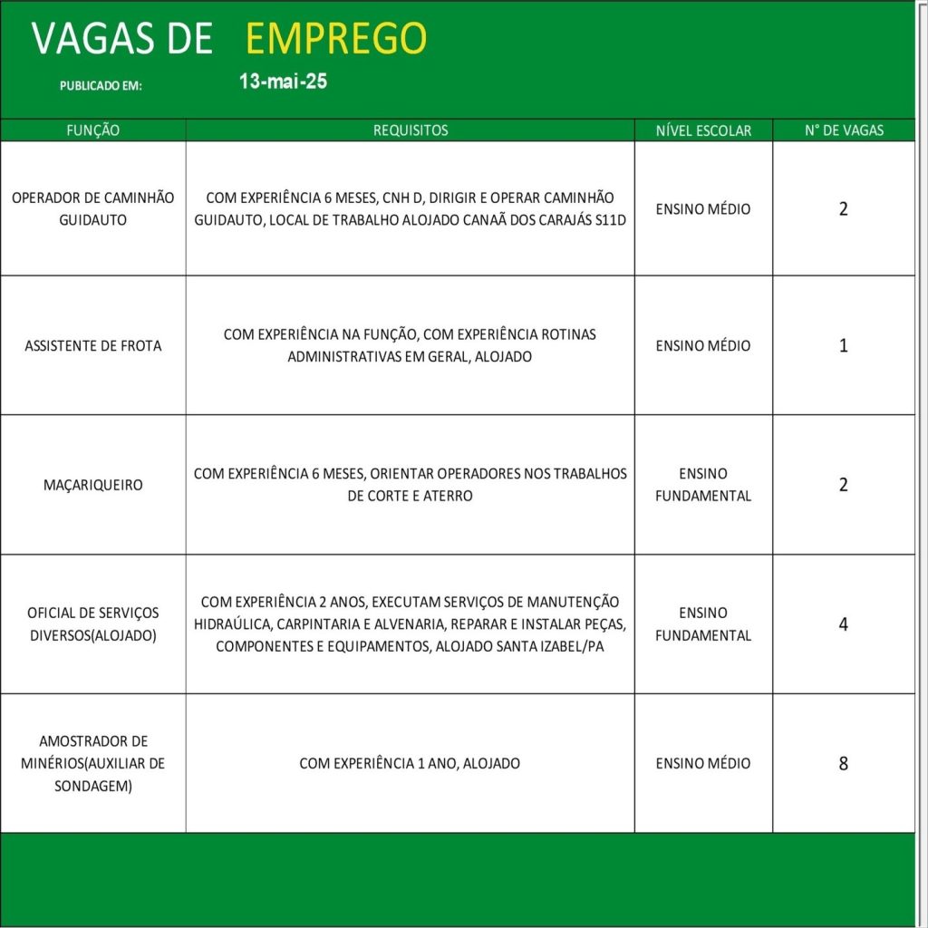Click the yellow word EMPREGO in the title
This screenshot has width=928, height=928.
coord(336,38)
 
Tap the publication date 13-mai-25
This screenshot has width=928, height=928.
coord(283,82)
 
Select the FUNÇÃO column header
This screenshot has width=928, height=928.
coord(93,130)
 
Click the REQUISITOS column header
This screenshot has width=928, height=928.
coord(411,130)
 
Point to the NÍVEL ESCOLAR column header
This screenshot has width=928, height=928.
coord(703,130)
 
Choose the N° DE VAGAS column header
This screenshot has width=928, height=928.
coord(844,130)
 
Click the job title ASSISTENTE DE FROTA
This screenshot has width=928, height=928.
coord(93,345)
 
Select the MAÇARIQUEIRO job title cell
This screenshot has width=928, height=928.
coord(93,485)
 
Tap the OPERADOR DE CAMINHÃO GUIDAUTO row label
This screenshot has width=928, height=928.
coord(93,208)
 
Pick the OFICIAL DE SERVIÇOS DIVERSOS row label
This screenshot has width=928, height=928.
coord(93,623)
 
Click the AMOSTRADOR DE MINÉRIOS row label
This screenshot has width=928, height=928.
coord(93,763)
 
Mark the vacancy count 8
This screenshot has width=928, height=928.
coord(844,763)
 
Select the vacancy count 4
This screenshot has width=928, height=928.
coord(844,623)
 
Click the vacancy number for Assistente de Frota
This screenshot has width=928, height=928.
coord(844,345)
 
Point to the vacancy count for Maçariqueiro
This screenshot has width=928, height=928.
coord(844,485)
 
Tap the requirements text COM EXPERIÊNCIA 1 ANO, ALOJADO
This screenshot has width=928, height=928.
coord(410,763)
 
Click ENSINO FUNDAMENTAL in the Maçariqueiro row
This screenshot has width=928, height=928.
coord(703,485)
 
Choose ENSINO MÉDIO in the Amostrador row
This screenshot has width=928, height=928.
coord(703,763)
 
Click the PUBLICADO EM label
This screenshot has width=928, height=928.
coord(101,86)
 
